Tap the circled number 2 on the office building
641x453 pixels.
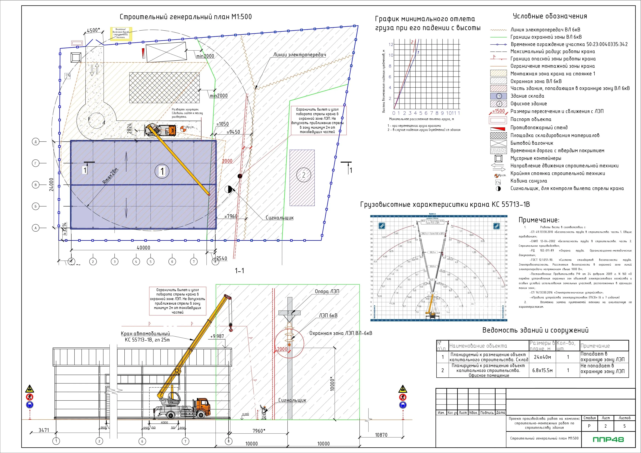[303, 175]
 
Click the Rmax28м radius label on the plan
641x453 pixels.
[111, 176]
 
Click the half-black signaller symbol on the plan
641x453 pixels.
[228, 189]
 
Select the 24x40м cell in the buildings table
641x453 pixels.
[542, 357]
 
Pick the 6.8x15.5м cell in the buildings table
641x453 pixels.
[542, 370]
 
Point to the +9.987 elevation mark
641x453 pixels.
[217, 336]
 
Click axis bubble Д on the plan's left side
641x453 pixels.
[35, 142]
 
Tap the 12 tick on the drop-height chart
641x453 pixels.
[391, 44]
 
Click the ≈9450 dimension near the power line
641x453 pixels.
[233, 132]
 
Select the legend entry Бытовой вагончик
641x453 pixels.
[532, 143]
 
